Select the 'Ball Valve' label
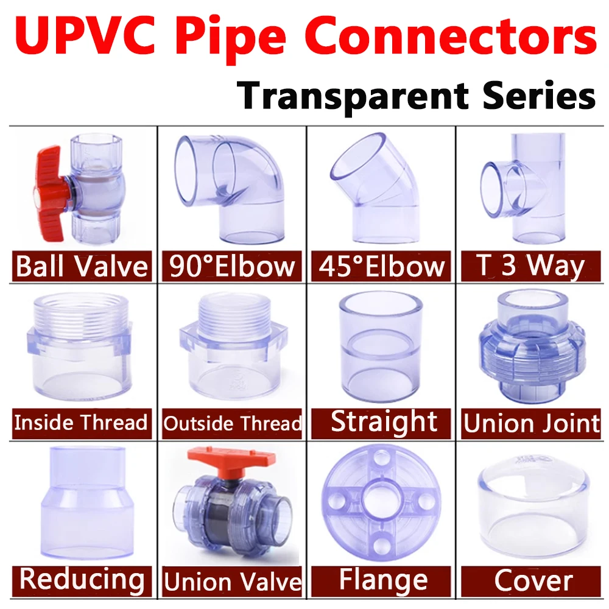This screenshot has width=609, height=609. click(82, 267)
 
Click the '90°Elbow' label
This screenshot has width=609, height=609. click(231, 267)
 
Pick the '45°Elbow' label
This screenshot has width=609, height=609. click(382, 267)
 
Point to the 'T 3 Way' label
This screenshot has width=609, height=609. click(532, 267)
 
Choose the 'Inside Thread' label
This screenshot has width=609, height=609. click(81, 422)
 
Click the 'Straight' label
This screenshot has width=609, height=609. click(384, 422)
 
